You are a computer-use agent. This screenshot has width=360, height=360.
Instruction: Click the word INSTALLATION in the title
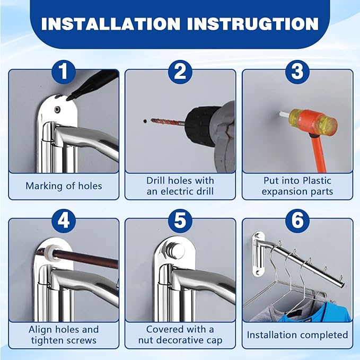(111, 24)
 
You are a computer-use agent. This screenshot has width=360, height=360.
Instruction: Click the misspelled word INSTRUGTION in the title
(253, 24)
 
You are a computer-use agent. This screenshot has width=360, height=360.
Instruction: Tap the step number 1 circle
(64, 72)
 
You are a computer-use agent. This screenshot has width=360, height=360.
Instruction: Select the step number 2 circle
(180, 72)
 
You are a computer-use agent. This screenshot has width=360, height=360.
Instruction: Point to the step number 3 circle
(297, 72)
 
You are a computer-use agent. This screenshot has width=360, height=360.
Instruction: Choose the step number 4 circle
(64, 221)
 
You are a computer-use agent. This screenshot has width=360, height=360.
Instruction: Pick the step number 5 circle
(180, 221)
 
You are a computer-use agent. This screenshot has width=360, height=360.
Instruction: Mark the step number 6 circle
(297, 221)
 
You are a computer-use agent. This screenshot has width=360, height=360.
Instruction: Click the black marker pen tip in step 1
(68, 99)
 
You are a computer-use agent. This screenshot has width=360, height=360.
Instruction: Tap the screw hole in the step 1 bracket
(57, 110)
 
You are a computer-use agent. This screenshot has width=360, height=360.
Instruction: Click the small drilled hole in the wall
(145, 121)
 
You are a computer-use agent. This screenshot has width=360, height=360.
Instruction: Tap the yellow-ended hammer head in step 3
(313, 121)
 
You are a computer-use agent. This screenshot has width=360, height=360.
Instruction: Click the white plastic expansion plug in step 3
(284, 115)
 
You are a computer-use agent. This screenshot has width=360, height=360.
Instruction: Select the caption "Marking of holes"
(64, 186)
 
